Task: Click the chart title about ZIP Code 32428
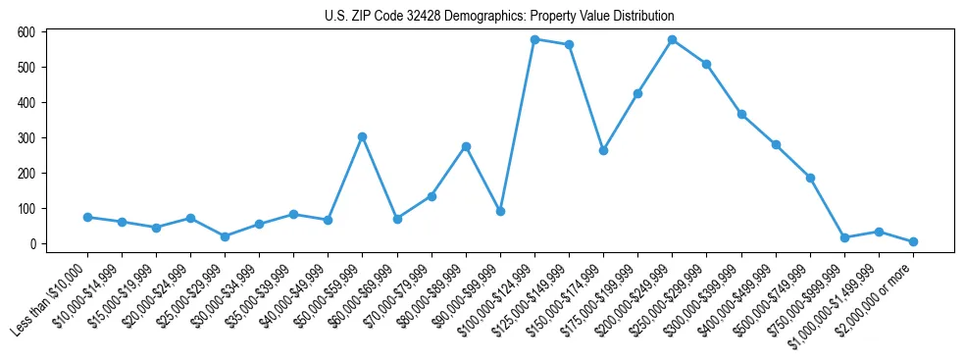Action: pos(499,17)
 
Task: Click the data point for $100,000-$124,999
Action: pos(534,39)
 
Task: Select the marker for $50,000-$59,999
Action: pos(363,136)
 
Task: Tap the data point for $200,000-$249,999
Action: pos(673,39)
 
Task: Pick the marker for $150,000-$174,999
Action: pos(603,150)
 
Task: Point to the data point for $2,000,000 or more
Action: pos(913,241)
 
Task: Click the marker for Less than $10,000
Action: pos(87,217)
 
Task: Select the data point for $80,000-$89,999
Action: pos(466,146)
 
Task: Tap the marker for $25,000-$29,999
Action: pos(225,236)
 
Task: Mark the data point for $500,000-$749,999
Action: pos(810,178)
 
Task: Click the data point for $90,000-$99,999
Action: pos(500,211)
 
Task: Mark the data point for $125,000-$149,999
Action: pos(569,44)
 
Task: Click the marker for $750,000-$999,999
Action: pos(844,237)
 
